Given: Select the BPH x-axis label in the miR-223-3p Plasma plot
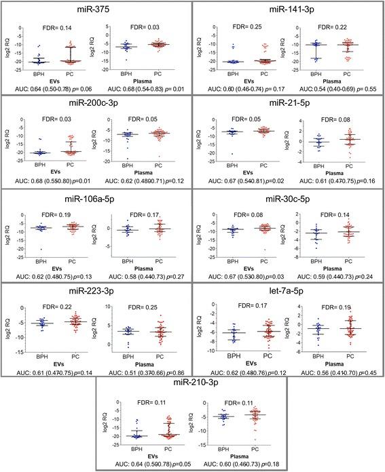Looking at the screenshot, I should pyautogui.click(x=127, y=354).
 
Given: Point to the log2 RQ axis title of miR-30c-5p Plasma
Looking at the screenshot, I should pyautogui.click(x=296, y=239).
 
